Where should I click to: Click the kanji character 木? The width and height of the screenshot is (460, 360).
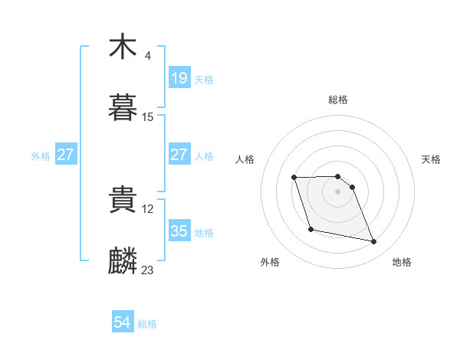tap(123, 47)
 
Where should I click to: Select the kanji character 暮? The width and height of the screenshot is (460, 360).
tap(123, 110)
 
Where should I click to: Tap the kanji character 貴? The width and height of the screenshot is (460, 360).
tap(123, 201)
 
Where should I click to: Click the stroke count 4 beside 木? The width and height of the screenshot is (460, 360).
tap(147, 55)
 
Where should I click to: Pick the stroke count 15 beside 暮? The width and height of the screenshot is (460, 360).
tap(148, 117)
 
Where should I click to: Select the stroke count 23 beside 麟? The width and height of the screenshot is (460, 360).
tap(148, 270)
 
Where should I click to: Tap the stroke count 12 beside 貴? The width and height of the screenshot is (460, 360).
tap(148, 208)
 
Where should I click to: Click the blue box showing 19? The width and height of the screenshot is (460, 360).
tap(179, 78)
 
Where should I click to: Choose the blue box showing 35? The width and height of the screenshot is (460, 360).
tap(179, 231)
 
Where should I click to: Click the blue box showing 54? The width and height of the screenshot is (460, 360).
tap(123, 323)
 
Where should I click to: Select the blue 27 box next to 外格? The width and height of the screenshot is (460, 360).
tap(65, 155)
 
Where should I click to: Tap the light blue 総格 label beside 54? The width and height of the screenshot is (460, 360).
tap(147, 324)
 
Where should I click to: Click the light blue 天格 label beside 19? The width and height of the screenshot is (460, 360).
tap(204, 79)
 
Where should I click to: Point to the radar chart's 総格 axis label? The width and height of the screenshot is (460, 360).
tap(338, 100)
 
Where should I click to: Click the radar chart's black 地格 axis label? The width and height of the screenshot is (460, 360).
tap(402, 263)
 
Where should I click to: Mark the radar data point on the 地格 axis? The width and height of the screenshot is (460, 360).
tap(374, 242)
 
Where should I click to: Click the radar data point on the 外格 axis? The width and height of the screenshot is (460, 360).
tap(310, 229)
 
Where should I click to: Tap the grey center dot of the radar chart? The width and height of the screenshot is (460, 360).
tap(338, 191)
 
